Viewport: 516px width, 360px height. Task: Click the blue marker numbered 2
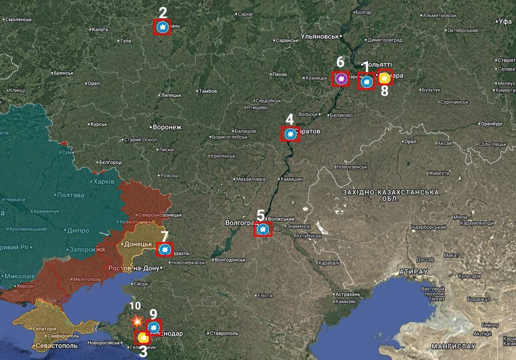162,28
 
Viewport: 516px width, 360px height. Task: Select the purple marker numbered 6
341,79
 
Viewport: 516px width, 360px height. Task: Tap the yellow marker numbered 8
385,78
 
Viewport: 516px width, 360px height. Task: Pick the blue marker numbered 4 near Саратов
290,134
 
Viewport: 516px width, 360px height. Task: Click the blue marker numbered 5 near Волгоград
262,229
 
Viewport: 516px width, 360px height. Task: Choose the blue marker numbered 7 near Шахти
164,249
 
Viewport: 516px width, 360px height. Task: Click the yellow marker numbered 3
143,338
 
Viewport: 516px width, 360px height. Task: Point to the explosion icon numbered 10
135,321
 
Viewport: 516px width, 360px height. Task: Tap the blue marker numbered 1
366,82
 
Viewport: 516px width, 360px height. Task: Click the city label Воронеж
167,127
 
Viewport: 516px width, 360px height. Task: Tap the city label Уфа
504,21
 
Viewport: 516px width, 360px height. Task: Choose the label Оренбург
492,123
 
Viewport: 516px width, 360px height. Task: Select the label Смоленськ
18,19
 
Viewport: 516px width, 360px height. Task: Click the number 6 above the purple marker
340,62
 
